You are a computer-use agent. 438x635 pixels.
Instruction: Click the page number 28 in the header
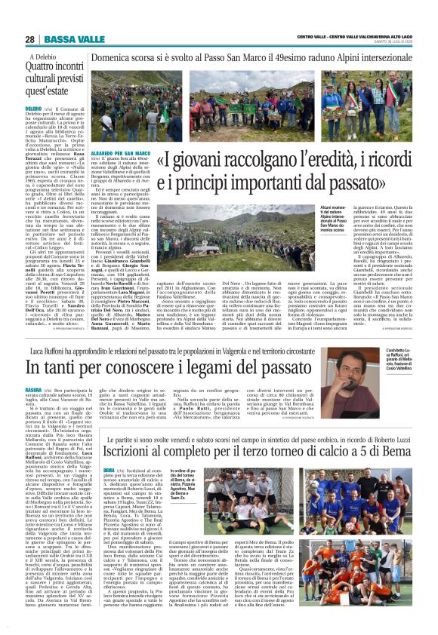click(29, 39)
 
